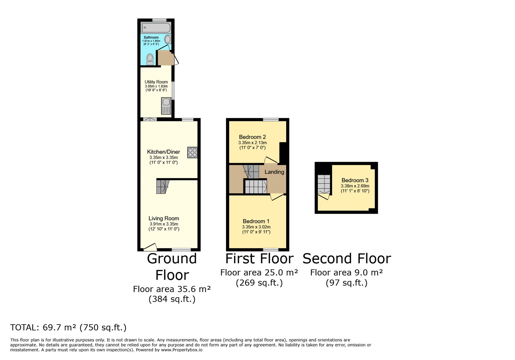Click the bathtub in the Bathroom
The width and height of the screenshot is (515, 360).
tap(156, 28)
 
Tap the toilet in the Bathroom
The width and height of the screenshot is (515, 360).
tap(150, 59)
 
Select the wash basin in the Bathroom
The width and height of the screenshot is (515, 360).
tap(168, 40)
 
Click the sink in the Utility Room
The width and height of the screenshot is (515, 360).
tap(166, 106)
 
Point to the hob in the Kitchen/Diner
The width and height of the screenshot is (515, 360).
tap(192, 152)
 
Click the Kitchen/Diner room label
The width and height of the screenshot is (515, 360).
tap(164, 152)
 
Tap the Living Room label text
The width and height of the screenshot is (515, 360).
tap(164, 218)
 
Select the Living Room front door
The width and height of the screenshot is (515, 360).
tap(150, 247)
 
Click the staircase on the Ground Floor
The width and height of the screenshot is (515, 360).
tap(163, 187)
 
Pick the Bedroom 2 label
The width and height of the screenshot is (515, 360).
tap(252, 137)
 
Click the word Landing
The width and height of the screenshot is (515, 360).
tap(274, 172)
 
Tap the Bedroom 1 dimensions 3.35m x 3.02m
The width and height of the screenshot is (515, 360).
tap(256, 227)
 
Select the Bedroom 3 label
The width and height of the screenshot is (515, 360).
tap(355, 180)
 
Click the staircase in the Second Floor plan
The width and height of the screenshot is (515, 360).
tap(324, 184)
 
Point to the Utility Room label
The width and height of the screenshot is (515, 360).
tap(156, 82)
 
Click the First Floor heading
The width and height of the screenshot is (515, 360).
tap(259, 259)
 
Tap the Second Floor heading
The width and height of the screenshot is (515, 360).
tap(347, 259)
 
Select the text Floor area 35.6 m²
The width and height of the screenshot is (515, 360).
tap(172, 289)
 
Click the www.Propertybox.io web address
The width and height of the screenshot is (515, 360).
tap(182, 350)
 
